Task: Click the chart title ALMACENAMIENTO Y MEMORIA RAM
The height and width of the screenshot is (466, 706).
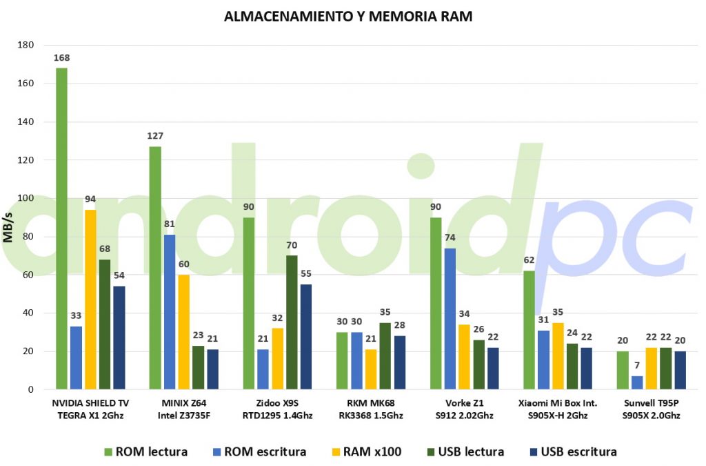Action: tap(348, 17)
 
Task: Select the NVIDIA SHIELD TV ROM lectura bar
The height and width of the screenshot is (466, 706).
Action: tap(61, 229)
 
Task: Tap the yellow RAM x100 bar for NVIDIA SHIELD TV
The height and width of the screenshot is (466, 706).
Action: tap(90, 300)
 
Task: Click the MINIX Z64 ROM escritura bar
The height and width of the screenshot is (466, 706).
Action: tap(170, 312)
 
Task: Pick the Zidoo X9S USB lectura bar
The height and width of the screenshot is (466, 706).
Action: tap(292, 322)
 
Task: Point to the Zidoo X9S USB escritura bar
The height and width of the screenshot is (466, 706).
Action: tap(306, 337)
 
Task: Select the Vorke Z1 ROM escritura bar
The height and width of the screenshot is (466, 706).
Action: tap(450, 319)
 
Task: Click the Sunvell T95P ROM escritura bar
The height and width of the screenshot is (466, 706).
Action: tap(637, 382)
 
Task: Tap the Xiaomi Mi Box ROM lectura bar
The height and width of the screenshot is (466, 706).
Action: tap(529, 330)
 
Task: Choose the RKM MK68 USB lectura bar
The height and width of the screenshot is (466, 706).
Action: tap(385, 356)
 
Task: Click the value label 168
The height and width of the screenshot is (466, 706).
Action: tap(61, 58)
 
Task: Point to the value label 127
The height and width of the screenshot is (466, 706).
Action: tap(155, 135)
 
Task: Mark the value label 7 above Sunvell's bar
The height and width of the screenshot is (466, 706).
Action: tap(637, 365)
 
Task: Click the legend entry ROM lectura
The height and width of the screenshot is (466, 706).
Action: tap(146, 452)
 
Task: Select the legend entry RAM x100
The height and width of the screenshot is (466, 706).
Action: tap(367, 452)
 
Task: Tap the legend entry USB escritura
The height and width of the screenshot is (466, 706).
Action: tap(573, 452)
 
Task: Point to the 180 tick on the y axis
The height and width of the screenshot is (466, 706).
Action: tap(26, 45)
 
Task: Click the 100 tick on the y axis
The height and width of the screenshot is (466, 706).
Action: tap(26, 198)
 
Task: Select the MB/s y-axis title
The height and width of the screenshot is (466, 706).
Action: tap(8, 227)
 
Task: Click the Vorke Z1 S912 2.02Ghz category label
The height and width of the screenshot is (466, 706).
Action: tap(464, 409)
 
